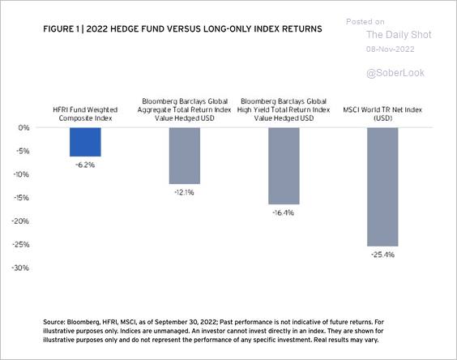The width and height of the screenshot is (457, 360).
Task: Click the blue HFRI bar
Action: tap(85, 142)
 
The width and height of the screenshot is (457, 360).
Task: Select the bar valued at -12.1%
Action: tap(185, 156)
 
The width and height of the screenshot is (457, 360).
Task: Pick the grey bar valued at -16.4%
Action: tap(284, 165)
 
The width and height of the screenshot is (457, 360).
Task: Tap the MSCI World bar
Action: tap(382, 186)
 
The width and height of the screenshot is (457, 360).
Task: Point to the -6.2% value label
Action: tap(85, 165)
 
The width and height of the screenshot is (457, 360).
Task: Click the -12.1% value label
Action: tap(184, 192)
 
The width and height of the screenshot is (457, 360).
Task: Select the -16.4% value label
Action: tap(283, 212)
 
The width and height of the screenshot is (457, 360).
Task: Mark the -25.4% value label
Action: tap(382, 255)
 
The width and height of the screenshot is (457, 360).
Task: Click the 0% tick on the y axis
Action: tap(23, 128)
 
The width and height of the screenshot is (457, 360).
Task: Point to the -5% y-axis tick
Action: tap(22, 151)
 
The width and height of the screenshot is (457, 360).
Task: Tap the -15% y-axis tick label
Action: tap(21, 198)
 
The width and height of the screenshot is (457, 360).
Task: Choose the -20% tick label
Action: tap(20, 221)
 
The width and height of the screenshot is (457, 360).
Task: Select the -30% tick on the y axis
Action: tap(20, 268)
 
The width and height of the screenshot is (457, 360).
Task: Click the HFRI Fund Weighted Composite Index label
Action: tap(85, 114)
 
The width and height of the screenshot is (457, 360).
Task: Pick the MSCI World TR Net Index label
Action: tap(382, 114)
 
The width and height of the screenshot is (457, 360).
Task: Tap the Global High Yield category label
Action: tap(284, 109)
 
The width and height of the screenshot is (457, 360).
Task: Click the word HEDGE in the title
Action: tap(125, 29)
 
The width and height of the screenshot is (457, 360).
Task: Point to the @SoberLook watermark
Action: tap(395, 73)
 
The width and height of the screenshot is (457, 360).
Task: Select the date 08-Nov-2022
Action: tap(391, 49)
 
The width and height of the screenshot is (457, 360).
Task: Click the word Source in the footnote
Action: tap(53, 322)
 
